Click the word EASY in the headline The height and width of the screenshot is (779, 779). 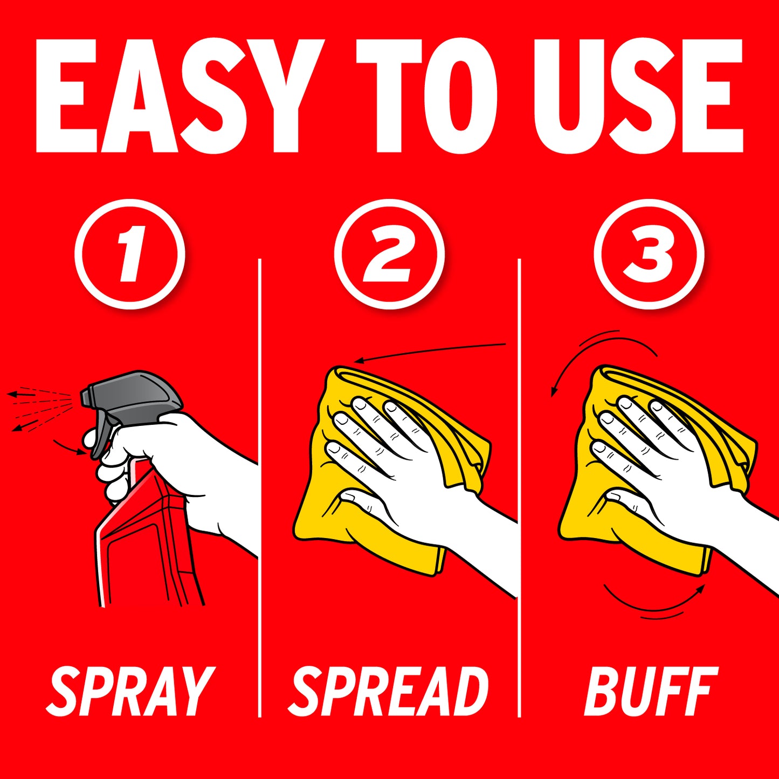pos(180,96)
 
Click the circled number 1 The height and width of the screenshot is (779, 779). pos(130,254)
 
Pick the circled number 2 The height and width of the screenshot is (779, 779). pos(389,254)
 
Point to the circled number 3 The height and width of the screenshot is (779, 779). pos(649,254)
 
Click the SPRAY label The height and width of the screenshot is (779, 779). pos(129,691)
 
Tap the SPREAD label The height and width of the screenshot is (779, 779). pos(388,691)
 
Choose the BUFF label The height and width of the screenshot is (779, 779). pos(651,691)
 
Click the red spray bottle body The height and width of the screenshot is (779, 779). pos(149,542)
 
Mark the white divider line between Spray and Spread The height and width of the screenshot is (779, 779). pos(259,487)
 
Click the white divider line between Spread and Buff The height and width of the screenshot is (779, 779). pos(519,487)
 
